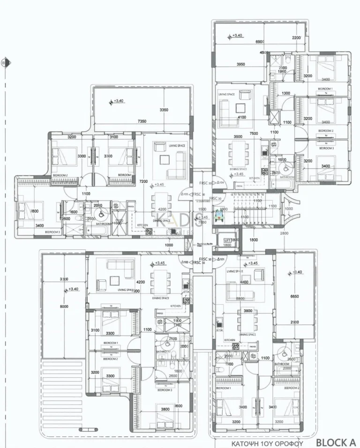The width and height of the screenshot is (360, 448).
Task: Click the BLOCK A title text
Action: (336, 442)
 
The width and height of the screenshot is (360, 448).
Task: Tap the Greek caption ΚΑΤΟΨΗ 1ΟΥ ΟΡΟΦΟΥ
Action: (268, 443)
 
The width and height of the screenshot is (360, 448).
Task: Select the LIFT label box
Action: (228, 239)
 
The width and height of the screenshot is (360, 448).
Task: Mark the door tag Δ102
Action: (186, 262)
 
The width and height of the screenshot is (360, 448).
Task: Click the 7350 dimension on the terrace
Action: (142, 121)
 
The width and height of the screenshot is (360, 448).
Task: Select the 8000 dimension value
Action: (64, 306)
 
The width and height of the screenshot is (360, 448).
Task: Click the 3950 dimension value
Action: (241, 64)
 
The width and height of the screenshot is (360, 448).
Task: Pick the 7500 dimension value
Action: (254, 133)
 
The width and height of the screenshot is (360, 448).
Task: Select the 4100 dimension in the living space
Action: (242, 117)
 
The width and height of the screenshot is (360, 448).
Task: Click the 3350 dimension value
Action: (164, 110)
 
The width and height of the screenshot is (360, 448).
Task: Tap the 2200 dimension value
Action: (296, 37)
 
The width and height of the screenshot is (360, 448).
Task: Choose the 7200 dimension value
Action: (143, 181)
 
